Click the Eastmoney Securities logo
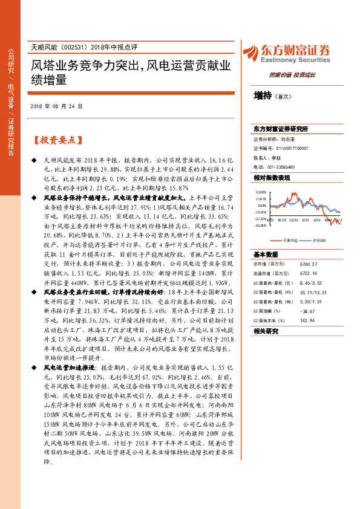click(286, 54)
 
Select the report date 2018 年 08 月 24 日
click(56, 106)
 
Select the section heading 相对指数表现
click(272, 177)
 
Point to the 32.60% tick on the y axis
click(261, 192)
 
